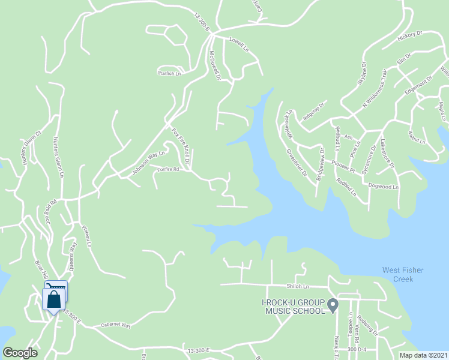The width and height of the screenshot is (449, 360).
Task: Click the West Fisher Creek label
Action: pyautogui.click(x=402, y=274)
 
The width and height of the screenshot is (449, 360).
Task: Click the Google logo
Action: pyautogui.click(x=20, y=352)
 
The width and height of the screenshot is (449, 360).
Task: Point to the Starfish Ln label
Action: pyautogui.click(x=169, y=73)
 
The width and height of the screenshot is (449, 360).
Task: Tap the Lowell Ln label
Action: pyautogui.click(x=239, y=43)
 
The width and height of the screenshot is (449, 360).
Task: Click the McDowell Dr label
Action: pyautogui.click(x=214, y=65)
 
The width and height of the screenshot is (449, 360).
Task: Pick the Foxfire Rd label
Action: pyautogui.click(x=168, y=170)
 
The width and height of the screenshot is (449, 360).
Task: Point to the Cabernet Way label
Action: pyautogui.click(x=115, y=325)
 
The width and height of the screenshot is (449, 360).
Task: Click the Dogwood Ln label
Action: pyautogui.click(x=384, y=187)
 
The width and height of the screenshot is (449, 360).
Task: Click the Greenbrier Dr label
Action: pyautogui.click(x=296, y=163)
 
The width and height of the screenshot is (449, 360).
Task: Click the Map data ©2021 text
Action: pyautogui.click(x=424, y=355)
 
